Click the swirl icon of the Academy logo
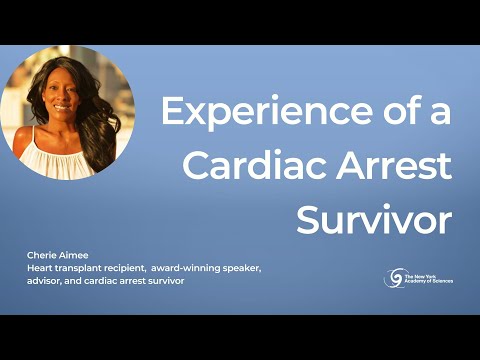point(394,277)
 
